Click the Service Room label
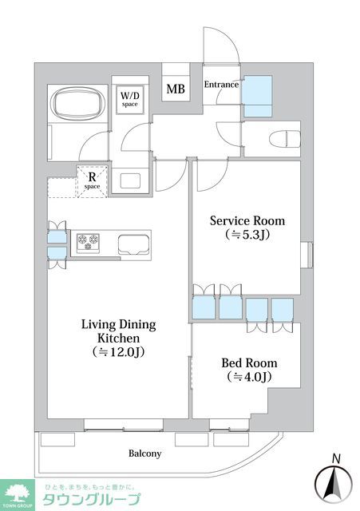(247, 220)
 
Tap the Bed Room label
(249, 362)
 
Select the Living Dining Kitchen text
(119, 331)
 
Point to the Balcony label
(144, 454)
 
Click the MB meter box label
(176, 89)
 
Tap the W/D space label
(129, 99)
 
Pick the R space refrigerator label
(93, 181)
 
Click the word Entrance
(221, 85)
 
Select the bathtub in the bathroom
(77, 104)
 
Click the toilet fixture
(284, 140)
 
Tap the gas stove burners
(88, 242)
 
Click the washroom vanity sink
(130, 180)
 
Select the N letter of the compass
(336, 459)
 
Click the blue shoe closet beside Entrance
(258, 96)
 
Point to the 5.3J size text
(247, 235)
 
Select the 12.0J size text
(118, 352)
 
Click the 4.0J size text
(249, 377)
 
